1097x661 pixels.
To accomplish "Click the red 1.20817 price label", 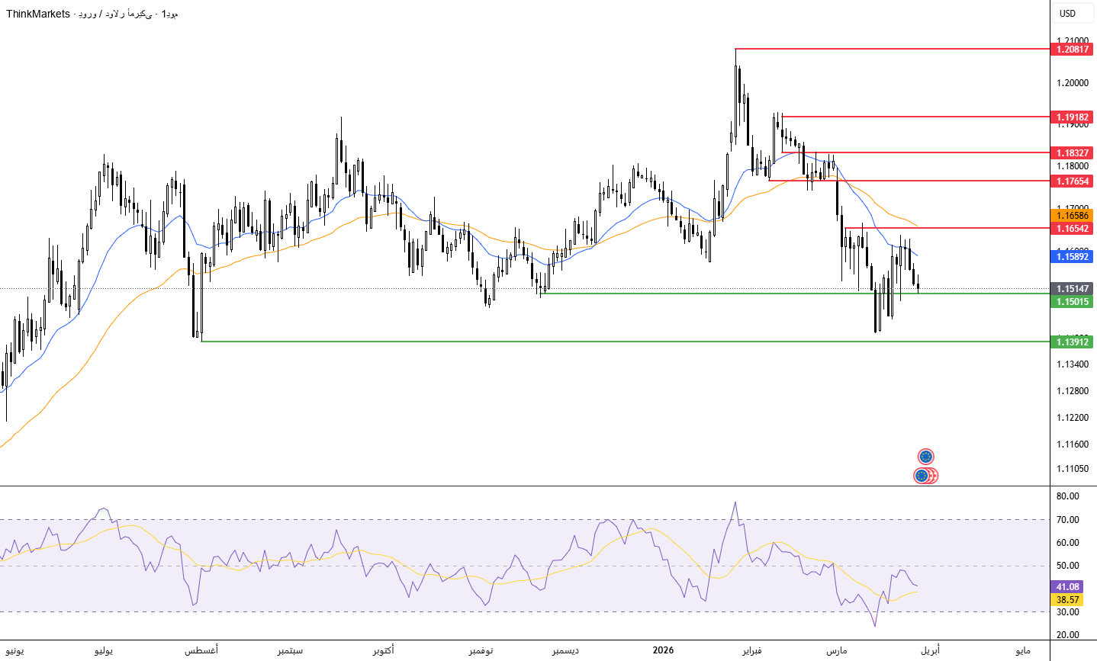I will pos(1072,49).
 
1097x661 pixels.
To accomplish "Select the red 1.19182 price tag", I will pos(1072,117).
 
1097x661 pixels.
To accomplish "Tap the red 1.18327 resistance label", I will pos(1072,152).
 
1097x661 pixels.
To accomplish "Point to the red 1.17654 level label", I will pos(1072,181).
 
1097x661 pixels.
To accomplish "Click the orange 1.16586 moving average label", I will pos(1072,216).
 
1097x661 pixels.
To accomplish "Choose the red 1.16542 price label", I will pos(1072,229).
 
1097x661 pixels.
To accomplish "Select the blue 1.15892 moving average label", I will pos(1072,256).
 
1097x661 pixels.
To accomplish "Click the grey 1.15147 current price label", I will pos(1072,288).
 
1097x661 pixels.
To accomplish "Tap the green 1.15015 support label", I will pos(1072,301).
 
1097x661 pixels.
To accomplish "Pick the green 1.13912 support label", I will pos(1072,342).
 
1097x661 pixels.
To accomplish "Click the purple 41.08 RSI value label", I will pos(1067,586).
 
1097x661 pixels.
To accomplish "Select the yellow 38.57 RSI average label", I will pos(1067,600).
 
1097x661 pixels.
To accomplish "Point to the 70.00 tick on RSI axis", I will pos(1067,519).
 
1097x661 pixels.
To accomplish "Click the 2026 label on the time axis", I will pos(663,650).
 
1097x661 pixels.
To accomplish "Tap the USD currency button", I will pos(1067,13).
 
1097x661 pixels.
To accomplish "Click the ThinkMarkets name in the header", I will pos(38,14).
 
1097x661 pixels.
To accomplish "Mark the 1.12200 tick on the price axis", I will pos(1072,418).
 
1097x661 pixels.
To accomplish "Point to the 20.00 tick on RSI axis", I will pos(1067,634).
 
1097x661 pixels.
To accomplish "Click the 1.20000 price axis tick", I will pos(1072,82).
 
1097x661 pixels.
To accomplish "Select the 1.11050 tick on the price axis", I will pos(1072,468).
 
